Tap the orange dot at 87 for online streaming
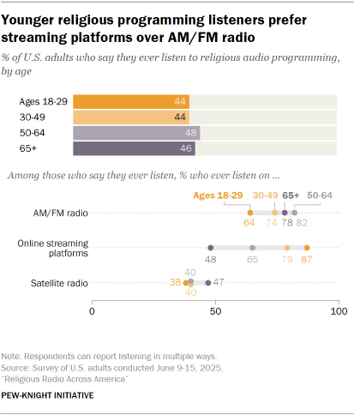pos(307,247)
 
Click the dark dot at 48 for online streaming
pos(210,247)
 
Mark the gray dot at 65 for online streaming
pos(252,247)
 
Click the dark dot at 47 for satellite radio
pos(207,281)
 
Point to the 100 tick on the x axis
pos(339,311)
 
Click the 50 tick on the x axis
pos(215,311)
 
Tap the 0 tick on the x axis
pos(92,311)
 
